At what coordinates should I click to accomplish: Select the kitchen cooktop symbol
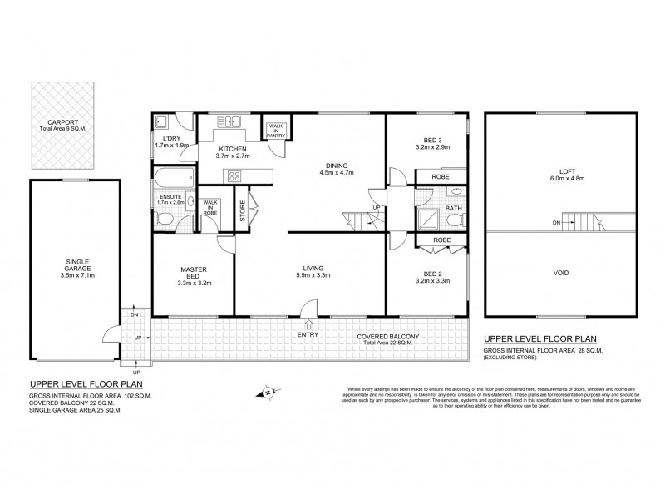pos(234,175)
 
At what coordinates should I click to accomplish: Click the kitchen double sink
pos(229,121)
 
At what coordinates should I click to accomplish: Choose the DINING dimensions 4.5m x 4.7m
pos(337,173)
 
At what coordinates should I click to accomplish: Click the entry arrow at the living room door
pos(309,325)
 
